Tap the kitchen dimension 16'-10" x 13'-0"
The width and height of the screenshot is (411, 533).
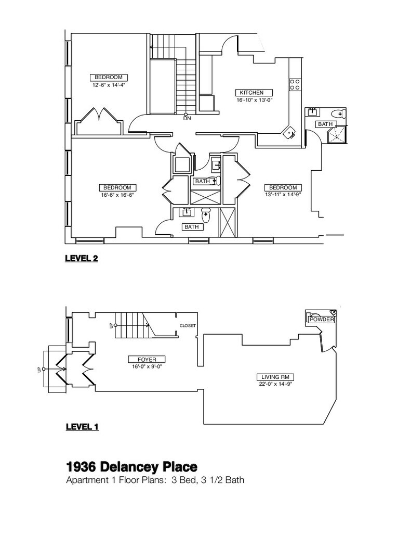click(x=255, y=100)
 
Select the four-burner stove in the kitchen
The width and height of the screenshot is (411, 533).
click(x=295, y=85)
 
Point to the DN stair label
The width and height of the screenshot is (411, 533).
click(x=188, y=119)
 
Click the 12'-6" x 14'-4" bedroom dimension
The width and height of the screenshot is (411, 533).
click(x=109, y=85)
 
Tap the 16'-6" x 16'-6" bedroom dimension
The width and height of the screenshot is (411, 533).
click(x=117, y=195)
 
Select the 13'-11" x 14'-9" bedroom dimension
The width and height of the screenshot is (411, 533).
click(x=283, y=195)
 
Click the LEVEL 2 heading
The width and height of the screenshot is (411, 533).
click(x=82, y=258)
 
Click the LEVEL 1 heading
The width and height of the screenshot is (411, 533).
click(x=82, y=427)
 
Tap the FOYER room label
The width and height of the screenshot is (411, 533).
click(x=147, y=359)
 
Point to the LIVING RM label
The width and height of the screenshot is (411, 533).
click(x=275, y=377)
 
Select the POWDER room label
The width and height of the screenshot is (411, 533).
click(x=322, y=320)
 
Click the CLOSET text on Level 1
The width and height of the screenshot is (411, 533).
click(x=188, y=326)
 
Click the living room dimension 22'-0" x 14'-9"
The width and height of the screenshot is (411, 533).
click(x=275, y=384)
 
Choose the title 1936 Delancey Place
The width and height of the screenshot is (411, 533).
click(x=131, y=467)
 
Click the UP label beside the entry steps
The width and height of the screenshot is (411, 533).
click(x=39, y=370)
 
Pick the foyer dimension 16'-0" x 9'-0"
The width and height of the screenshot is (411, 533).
click(x=147, y=367)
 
